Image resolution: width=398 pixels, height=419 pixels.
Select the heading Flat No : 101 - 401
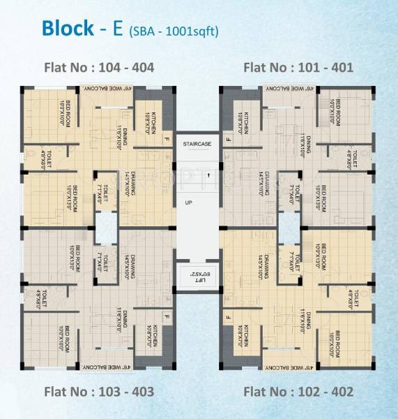298,68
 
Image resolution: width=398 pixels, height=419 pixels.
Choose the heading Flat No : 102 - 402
298,391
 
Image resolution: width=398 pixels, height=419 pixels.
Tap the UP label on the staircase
188,203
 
